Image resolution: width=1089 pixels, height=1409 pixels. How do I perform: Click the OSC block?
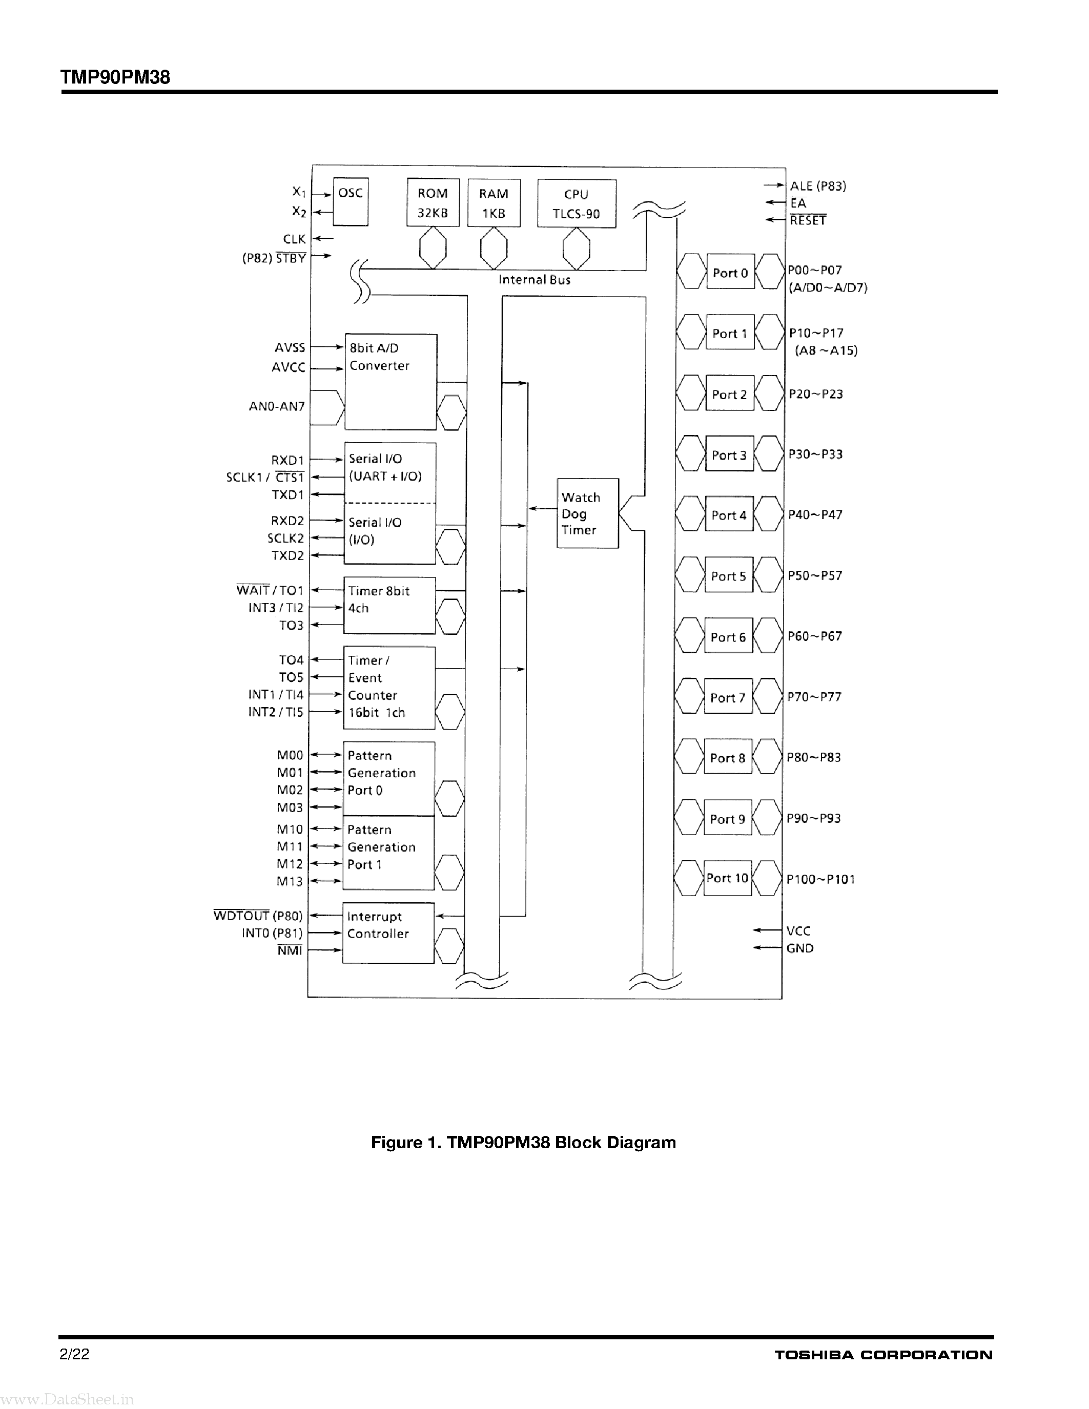351,202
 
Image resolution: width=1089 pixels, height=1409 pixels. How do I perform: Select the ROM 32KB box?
433,202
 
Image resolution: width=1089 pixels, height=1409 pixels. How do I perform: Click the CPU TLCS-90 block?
576,204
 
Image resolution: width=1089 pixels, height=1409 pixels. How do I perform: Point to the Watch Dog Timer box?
587,513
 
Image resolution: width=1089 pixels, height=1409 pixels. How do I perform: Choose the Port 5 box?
728,575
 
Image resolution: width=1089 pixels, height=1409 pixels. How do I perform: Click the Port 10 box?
727,878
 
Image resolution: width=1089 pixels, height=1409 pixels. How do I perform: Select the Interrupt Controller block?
388,933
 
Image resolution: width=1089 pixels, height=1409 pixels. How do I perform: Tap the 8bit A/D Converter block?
391,382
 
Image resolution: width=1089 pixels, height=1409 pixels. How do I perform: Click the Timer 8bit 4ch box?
389,605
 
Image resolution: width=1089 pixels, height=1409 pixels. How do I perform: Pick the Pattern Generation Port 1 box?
388,853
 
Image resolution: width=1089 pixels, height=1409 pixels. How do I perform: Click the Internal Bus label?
534,280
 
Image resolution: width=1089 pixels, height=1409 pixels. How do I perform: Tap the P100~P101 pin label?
820,879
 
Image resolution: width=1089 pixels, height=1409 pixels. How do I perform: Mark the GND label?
800,948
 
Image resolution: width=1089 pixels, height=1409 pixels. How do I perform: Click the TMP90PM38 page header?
115,77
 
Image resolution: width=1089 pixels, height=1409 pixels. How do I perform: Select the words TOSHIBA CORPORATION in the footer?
883,1355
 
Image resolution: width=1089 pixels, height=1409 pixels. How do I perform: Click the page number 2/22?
74,1354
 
